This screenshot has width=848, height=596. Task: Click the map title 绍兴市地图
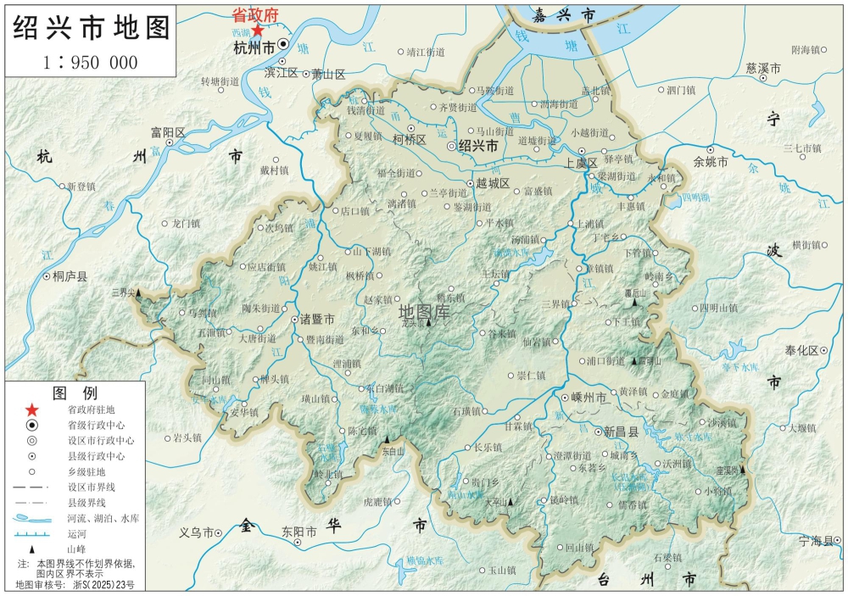click(91, 28)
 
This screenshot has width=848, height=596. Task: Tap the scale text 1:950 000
click(91, 62)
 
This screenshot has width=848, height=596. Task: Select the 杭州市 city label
click(254, 48)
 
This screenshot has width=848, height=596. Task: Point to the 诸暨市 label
click(317, 320)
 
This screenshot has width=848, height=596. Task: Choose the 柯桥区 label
click(410, 140)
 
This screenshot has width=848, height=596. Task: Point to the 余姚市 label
click(711, 161)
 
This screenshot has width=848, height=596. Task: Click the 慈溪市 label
click(762, 67)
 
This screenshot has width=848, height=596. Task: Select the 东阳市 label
click(299, 532)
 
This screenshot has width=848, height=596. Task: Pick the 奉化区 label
click(801, 350)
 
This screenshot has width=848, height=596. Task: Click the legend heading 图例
click(75, 393)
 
